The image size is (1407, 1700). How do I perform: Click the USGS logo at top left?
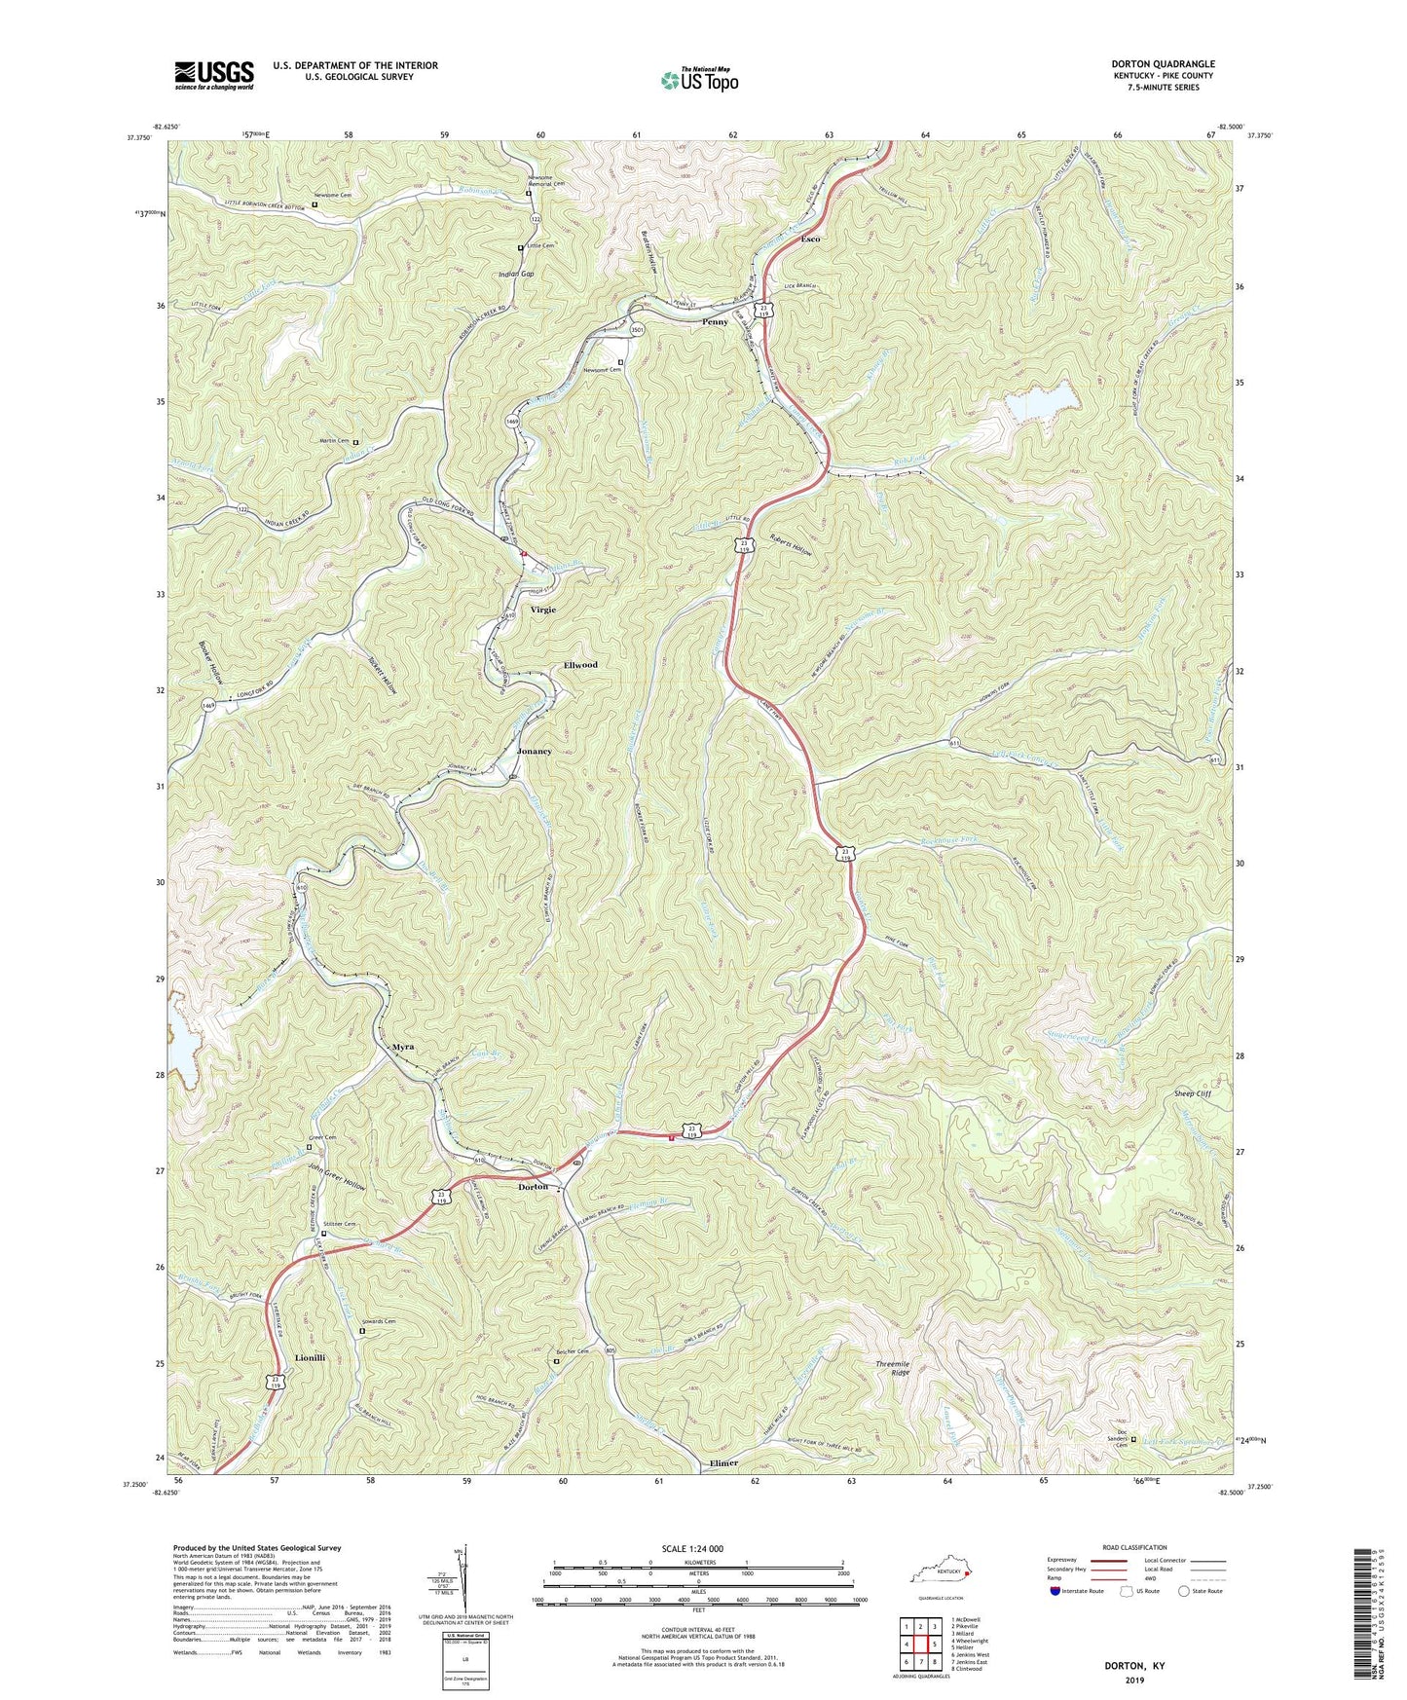point(214,74)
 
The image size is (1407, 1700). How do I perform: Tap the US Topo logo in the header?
point(699,80)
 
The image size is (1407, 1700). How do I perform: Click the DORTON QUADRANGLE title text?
point(1163,64)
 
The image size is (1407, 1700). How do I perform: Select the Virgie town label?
point(543,610)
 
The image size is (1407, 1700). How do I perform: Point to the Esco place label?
point(810,239)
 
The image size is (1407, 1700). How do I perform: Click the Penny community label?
point(715,322)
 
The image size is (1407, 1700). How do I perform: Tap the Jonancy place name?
point(535,752)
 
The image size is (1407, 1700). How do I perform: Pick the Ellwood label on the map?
point(580,665)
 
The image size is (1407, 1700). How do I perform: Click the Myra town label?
point(403,1047)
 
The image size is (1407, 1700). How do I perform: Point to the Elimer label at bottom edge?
point(723,1463)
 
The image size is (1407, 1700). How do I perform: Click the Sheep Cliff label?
point(1192,1093)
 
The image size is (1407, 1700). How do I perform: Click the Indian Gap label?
point(516,275)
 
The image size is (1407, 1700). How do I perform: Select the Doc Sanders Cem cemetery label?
point(1129,1442)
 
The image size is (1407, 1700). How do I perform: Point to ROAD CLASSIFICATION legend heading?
point(1136,1547)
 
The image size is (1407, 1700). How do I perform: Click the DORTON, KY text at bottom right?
point(1133,1666)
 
